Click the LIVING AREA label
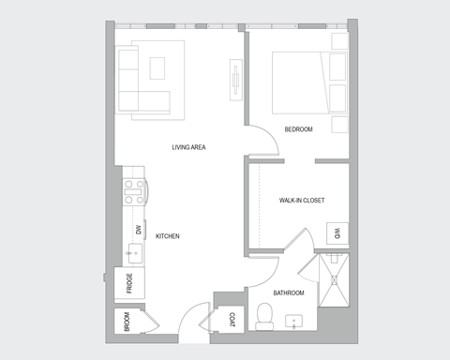(188, 147)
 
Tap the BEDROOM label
(298, 128)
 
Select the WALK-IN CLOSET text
(302, 201)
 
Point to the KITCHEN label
(167, 236)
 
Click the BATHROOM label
(289, 293)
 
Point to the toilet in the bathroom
(264, 319)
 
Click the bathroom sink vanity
(297, 322)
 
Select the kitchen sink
(134, 253)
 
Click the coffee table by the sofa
(157, 66)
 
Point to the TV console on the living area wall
(235, 78)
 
